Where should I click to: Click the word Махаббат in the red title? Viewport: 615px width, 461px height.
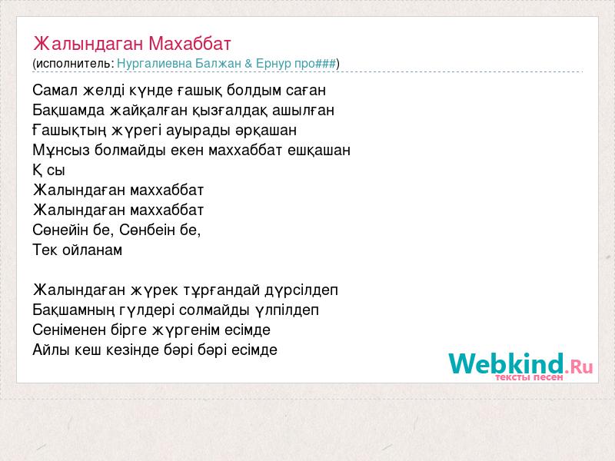coord(190,44)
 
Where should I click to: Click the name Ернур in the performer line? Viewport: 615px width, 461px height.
coord(274,64)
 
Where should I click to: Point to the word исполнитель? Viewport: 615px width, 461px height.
coord(74,64)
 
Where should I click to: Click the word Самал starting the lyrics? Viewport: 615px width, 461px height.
coord(55,90)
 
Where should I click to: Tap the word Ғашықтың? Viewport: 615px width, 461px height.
coord(69,131)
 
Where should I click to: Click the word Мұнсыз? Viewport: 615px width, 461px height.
coord(61,150)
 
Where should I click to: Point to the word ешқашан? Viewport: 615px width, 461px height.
coord(319,151)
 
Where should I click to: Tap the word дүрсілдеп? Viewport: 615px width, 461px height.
coord(301,290)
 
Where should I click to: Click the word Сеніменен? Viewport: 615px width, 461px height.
coord(69,330)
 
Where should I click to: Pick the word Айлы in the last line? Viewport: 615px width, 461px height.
coord(51,350)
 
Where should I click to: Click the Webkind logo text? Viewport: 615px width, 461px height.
coord(506,363)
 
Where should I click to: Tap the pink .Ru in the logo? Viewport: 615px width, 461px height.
coord(579,366)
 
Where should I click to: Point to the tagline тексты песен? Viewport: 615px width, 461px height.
coord(529,377)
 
